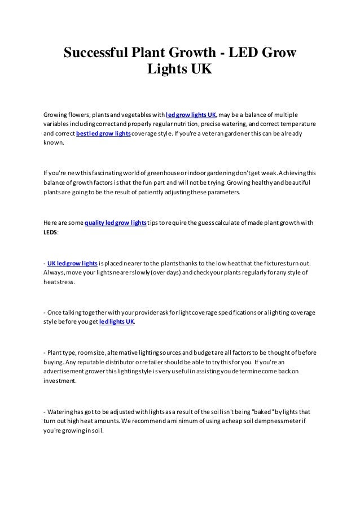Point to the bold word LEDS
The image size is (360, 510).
(50, 233)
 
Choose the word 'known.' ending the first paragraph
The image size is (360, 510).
(54, 145)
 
